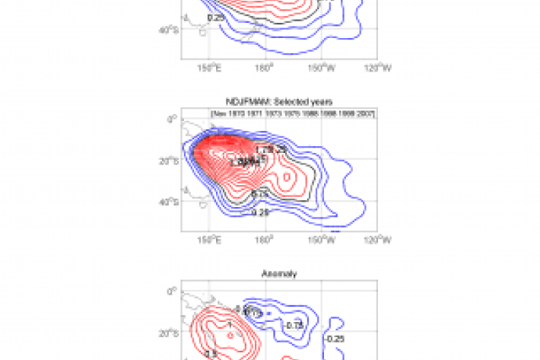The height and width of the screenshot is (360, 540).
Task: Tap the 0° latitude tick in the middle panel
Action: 173,118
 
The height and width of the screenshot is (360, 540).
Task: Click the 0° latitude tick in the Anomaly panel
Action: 173,290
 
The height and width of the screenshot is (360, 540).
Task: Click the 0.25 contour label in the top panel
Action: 215,18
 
